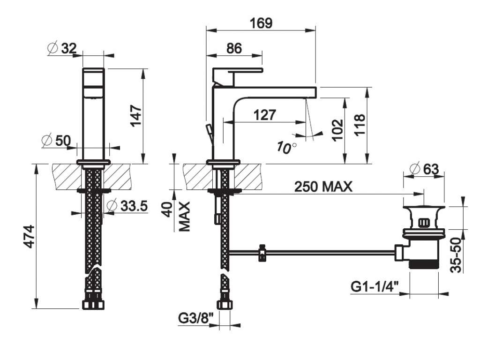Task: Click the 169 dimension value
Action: tap(261, 23)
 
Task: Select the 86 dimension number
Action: tap(234, 48)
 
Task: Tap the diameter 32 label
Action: tap(62, 48)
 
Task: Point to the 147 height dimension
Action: tap(136, 115)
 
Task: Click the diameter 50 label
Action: tap(56, 141)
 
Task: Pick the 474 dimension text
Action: tap(30, 236)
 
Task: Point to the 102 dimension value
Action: tap(338, 130)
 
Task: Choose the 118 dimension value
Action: tap(360, 125)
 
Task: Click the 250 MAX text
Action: tap(323, 187)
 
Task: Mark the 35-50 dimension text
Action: tap(456, 255)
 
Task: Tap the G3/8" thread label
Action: tap(195, 318)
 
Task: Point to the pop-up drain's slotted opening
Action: tap(424, 222)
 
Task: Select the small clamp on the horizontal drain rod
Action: tap(262, 253)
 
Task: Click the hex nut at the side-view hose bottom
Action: tap(225, 305)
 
